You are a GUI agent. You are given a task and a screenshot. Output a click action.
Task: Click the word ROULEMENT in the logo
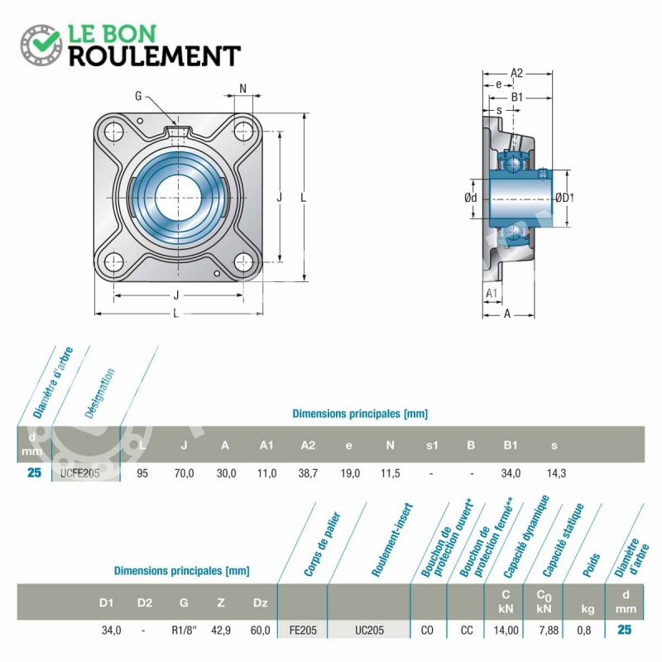point(155,56)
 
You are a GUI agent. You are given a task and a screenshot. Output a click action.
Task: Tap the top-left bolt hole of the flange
point(113,132)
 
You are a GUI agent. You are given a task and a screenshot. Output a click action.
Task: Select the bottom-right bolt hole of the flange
point(243,262)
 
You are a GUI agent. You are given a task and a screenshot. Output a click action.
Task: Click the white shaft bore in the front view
point(178,197)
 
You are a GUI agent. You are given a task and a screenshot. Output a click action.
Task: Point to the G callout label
point(138,96)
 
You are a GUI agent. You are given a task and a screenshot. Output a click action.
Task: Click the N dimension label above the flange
point(242,89)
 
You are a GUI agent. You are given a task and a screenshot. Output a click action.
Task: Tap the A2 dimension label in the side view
point(516,73)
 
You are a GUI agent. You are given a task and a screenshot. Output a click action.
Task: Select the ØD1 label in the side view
point(564,198)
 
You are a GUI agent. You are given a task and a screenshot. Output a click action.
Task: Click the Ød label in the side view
point(470,198)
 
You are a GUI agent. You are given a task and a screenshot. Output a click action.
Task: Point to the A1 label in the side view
point(492,293)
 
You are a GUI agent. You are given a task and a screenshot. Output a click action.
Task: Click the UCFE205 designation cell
point(79,473)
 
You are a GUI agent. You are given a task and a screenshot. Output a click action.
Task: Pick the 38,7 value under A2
point(308,473)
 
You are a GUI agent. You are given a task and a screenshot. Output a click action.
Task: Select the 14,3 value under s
point(556,473)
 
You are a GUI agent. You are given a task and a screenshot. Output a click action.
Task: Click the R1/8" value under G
point(184,631)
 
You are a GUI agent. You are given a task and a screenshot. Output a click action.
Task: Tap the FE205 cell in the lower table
point(303,631)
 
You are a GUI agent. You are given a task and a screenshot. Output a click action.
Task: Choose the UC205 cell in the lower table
point(369,631)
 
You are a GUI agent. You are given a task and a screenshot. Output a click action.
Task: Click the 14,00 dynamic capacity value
point(506,631)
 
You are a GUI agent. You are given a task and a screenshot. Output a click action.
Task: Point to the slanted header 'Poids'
point(591,565)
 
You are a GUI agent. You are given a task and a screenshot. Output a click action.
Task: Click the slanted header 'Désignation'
point(99,393)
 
